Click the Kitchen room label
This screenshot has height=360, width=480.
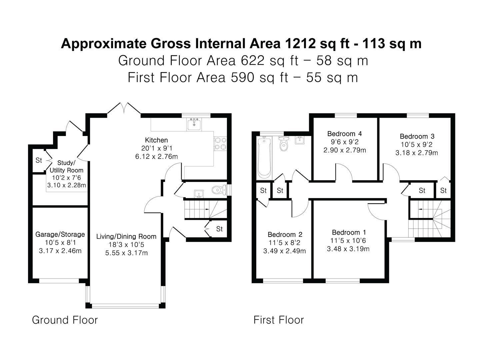pyautogui.click(x=156, y=140)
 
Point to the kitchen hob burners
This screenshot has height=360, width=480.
pyautogui.click(x=220, y=144)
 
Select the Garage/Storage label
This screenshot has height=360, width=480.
pyautogui.click(x=60, y=234)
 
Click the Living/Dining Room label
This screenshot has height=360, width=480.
pyautogui.click(x=126, y=236)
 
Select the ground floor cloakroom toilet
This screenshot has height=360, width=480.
pyautogui.click(x=219, y=190)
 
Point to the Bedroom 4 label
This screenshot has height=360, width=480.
pyautogui.click(x=344, y=134)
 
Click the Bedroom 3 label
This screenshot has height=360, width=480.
pyautogui.click(x=417, y=136)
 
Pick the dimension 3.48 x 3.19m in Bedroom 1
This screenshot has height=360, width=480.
pyautogui.click(x=348, y=249)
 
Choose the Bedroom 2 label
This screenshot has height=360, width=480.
pyautogui.click(x=285, y=234)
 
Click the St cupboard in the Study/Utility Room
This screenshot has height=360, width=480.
pyautogui.click(x=39, y=160)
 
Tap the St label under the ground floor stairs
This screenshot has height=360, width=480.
pyautogui.click(x=219, y=229)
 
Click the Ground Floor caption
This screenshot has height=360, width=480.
pyautogui.click(x=65, y=320)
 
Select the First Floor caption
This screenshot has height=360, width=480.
pyautogui.click(x=278, y=320)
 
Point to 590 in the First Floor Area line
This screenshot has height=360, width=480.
pyautogui.click(x=242, y=78)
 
